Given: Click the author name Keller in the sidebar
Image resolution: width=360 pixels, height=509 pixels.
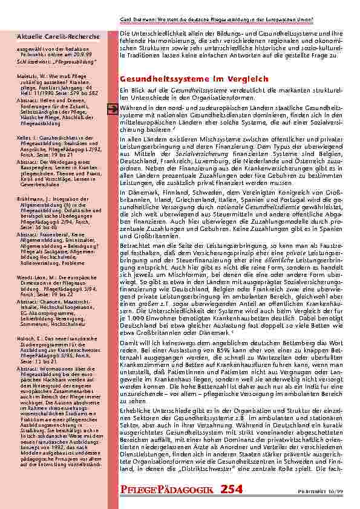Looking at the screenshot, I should (25, 137).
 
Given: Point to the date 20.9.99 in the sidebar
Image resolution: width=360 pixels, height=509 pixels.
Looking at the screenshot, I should (93, 57).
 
